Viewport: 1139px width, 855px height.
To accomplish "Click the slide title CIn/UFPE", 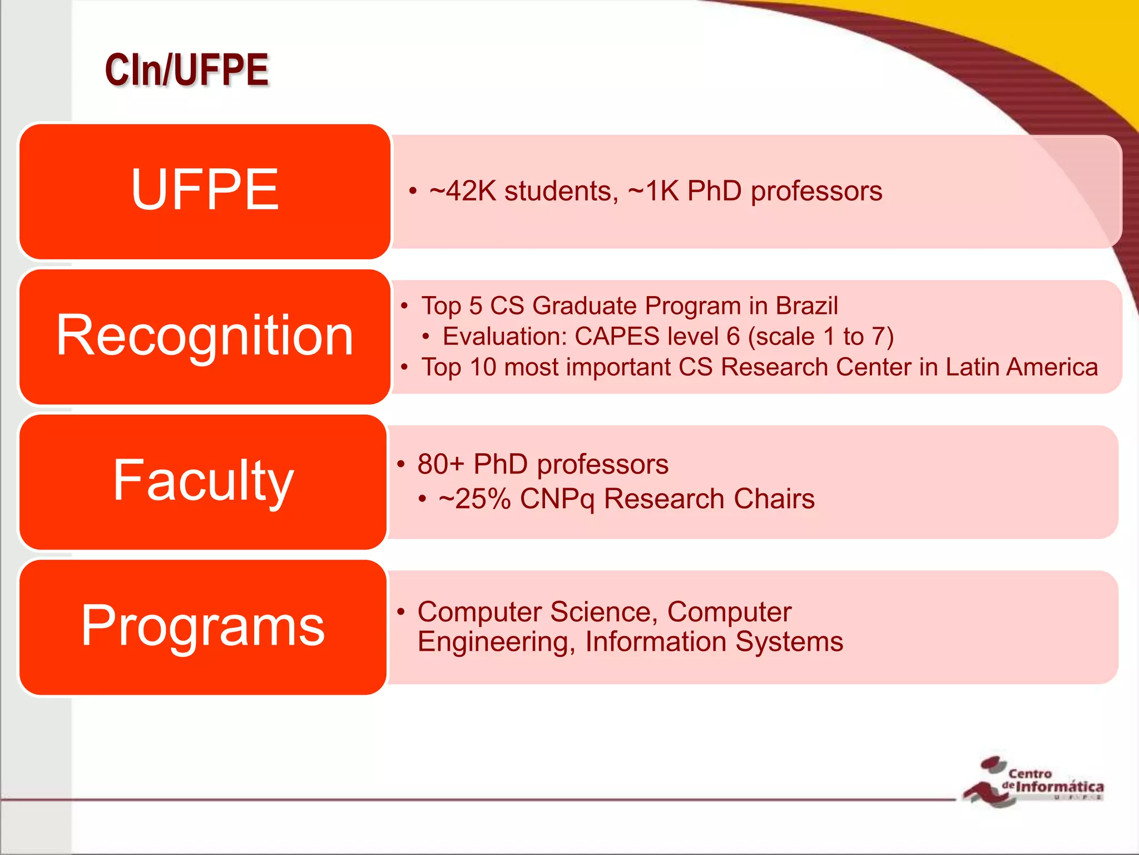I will point(187,70).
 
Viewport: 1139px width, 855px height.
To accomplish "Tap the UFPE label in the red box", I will point(205,190).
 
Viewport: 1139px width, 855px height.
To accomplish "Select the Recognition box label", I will point(205,335).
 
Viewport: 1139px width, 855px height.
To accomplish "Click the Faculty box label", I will point(203,480).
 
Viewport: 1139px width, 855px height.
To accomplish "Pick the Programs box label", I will point(203,626).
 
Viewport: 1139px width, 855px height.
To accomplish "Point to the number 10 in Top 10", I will point(483,367).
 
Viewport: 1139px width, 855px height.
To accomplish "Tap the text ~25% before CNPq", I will point(474,499).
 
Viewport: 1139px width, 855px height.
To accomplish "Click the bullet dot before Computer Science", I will point(401,612).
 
